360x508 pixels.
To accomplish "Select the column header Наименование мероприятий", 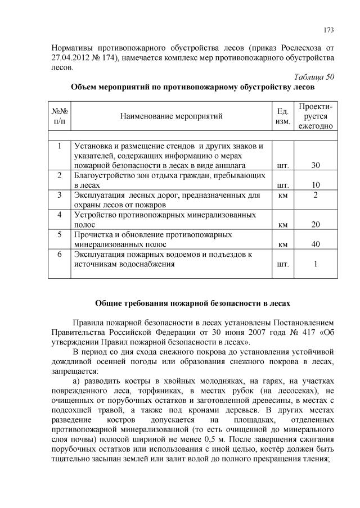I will [x=171, y=116].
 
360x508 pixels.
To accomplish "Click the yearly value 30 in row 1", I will [x=316, y=166].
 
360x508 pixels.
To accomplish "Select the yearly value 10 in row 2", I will [x=316, y=185].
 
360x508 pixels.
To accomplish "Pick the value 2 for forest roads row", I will [x=316, y=195].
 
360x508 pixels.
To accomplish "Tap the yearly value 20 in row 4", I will [x=316, y=224].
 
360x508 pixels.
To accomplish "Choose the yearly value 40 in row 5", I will [x=316, y=244].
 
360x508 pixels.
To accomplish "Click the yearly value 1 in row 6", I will [x=316, y=264].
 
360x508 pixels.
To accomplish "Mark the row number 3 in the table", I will [x=59, y=195].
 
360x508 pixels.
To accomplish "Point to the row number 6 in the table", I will [x=59, y=254].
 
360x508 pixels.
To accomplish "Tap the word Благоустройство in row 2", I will [x=105, y=175].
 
